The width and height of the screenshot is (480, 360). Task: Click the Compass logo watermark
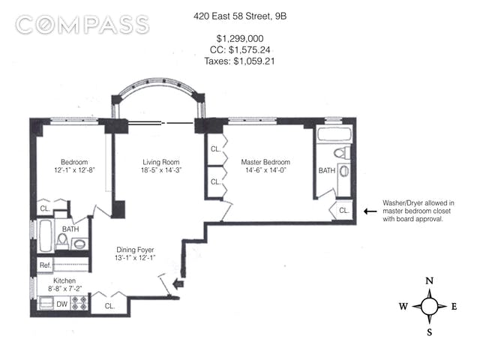(x=82, y=25)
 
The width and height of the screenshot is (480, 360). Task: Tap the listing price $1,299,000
(x=240, y=38)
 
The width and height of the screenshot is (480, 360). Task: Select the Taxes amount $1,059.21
(x=254, y=61)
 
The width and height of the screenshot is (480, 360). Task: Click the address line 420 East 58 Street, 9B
(x=240, y=16)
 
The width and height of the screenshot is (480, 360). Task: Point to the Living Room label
(x=161, y=162)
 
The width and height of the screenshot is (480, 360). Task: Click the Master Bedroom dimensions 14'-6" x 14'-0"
(x=265, y=170)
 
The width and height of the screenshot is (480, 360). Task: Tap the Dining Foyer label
(x=135, y=250)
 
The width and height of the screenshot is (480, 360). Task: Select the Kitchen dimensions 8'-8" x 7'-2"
(x=64, y=288)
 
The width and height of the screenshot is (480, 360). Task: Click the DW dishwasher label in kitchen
(x=61, y=304)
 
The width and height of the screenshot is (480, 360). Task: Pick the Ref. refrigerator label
(x=45, y=265)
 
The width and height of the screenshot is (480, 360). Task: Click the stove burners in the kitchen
(x=79, y=302)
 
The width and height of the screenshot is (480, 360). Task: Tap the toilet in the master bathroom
(x=342, y=152)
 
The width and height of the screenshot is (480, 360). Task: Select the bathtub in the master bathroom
(x=334, y=134)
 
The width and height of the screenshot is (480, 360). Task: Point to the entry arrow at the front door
(x=178, y=283)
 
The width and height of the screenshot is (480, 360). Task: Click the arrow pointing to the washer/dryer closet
(x=370, y=211)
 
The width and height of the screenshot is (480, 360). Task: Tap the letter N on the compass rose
(x=430, y=280)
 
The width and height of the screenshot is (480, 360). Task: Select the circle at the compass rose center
(x=430, y=306)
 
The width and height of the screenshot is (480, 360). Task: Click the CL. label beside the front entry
(x=109, y=306)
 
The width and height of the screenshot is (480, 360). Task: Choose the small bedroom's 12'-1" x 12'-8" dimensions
(x=74, y=170)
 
